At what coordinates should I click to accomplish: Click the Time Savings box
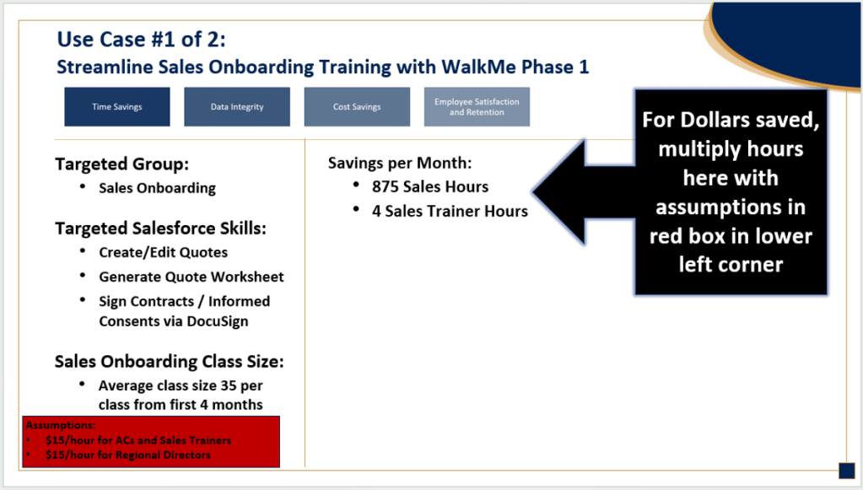point(116,107)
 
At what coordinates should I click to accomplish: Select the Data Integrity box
point(237,107)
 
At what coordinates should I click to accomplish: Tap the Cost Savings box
point(357,107)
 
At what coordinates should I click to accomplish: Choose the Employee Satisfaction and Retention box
point(477,107)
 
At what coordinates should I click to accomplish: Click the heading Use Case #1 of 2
point(142,39)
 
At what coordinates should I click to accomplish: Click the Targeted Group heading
point(121,164)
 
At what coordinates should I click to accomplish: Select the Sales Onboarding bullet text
point(158,188)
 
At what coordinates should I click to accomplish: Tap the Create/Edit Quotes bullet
point(164,252)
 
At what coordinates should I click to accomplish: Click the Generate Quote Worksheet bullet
point(191,277)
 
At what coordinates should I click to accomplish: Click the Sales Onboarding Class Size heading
point(169,361)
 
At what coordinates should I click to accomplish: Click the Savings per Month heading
point(400,163)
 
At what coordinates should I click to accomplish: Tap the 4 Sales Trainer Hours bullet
point(450,211)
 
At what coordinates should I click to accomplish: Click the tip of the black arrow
point(532,192)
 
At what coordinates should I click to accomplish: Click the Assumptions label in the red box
point(61,425)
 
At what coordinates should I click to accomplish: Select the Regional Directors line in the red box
point(128,455)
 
